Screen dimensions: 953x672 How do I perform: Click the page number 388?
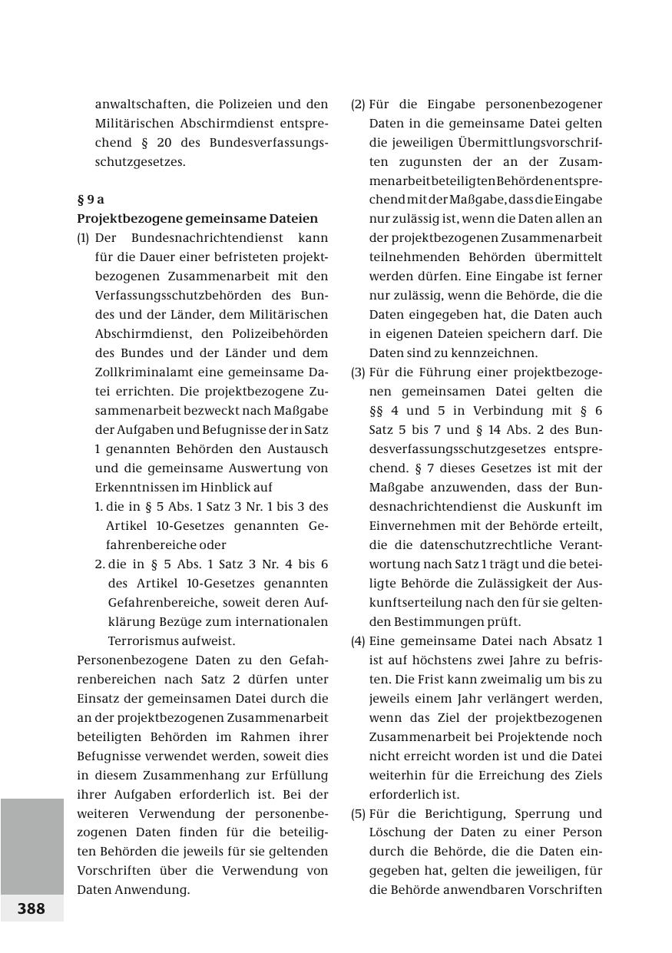[31, 908]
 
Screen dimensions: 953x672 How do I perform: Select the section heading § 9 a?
[91, 200]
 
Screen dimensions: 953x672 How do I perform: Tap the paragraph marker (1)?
[83, 238]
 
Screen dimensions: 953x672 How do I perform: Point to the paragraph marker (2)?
[358, 104]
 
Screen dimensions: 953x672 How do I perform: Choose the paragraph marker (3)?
[358, 372]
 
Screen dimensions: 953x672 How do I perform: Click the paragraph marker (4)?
[358, 641]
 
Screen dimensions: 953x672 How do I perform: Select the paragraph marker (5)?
[358, 814]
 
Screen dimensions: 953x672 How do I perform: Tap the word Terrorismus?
[147, 641]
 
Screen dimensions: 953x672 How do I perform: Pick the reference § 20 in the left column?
[157, 143]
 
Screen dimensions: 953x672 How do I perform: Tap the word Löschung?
[397, 832]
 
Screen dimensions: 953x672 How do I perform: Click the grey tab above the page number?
[31, 845]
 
